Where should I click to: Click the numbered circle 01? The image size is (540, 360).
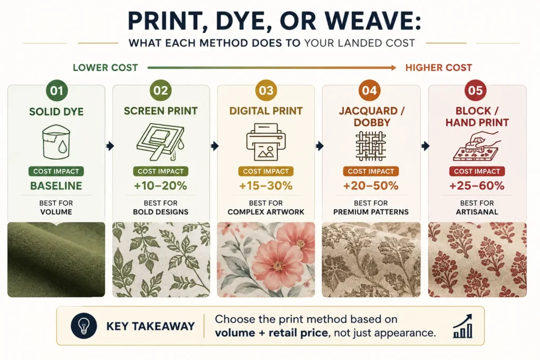pos(57,91)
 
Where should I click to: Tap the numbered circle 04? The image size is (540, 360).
pos(370,91)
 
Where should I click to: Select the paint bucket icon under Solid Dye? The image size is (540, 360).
pos(56,142)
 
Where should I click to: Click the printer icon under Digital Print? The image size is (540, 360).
pos(266,142)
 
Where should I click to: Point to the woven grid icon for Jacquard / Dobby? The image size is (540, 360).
pos(371,146)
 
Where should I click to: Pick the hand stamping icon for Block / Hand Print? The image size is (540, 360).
pos(477,146)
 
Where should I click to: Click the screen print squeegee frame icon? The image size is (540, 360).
pos(161,142)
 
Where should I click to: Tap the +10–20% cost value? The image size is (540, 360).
pos(160,186)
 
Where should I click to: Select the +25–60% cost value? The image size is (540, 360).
pos(477,186)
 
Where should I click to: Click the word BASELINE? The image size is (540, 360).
pos(56,186)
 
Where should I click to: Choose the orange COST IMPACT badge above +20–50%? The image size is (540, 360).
pos(371,171)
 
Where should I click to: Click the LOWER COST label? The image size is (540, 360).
pos(105,68)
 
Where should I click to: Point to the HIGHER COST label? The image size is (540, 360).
pos(438,68)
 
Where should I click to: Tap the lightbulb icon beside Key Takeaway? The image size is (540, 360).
pos(84,326)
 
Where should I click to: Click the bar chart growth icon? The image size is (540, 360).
pos(463,326)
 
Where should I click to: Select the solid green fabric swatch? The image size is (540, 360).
pos(56,259)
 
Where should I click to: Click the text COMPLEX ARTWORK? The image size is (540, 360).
pos(266,212)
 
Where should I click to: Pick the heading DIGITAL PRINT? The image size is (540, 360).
pos(266,111)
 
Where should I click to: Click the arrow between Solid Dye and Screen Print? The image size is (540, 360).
pos(110,146)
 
